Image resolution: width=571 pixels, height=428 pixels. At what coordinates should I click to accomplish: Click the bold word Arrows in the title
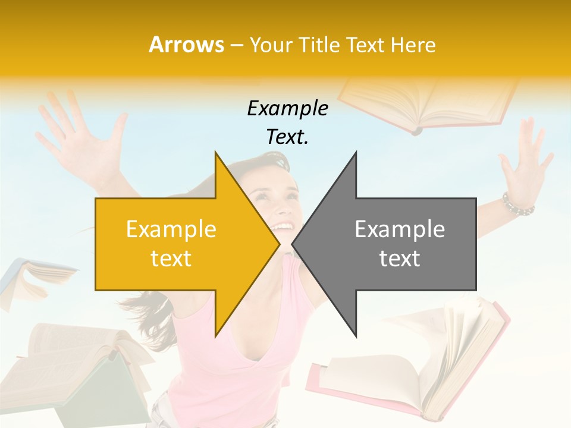[x=187, y=45]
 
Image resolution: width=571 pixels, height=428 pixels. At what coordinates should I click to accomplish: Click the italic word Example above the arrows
[x=287, y=108]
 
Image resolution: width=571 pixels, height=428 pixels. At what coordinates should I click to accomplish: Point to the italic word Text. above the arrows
[x=287, y=137]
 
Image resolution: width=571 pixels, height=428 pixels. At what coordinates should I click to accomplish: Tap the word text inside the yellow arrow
[x=171, y=259]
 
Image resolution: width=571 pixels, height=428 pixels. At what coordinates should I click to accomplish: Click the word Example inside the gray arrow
[x=400, y=229]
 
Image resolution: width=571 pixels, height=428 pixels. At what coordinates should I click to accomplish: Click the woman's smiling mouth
[x=284, y=227]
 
